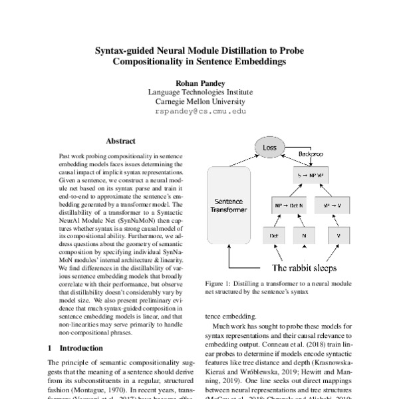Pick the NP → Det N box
coord(288,205)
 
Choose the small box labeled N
coord(303,235)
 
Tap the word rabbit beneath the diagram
coord(299,268)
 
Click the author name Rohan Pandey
coord(199,83)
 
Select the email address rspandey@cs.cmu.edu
coord(199,112)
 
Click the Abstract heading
coord(120,141)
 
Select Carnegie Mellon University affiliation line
coord(199,102)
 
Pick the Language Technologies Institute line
coord(199,93)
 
